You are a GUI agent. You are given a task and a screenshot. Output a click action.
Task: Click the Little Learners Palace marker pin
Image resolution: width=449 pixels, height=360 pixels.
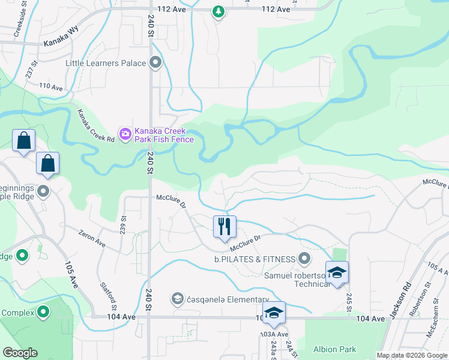click(x=156, y=63)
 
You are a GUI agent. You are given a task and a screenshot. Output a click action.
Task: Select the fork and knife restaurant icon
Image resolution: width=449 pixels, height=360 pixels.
click(x=224, y=227)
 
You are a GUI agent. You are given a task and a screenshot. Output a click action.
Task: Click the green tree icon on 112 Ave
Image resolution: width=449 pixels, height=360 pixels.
click(x=218, y=11)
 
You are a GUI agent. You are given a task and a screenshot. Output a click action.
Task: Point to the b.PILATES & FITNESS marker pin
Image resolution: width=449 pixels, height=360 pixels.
click(x=304, y=259)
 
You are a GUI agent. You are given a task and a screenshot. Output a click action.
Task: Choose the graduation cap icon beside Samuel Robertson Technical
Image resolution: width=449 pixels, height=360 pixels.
click(x=337, y=272)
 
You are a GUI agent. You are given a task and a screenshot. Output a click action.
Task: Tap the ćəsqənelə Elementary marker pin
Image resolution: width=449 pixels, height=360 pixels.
click(x=178, y=298)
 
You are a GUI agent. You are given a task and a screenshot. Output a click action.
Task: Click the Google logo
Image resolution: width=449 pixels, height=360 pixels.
click(x=20, y=353)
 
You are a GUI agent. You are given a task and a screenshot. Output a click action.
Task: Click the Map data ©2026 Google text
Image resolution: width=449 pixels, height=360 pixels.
click(x=412, y=355)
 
